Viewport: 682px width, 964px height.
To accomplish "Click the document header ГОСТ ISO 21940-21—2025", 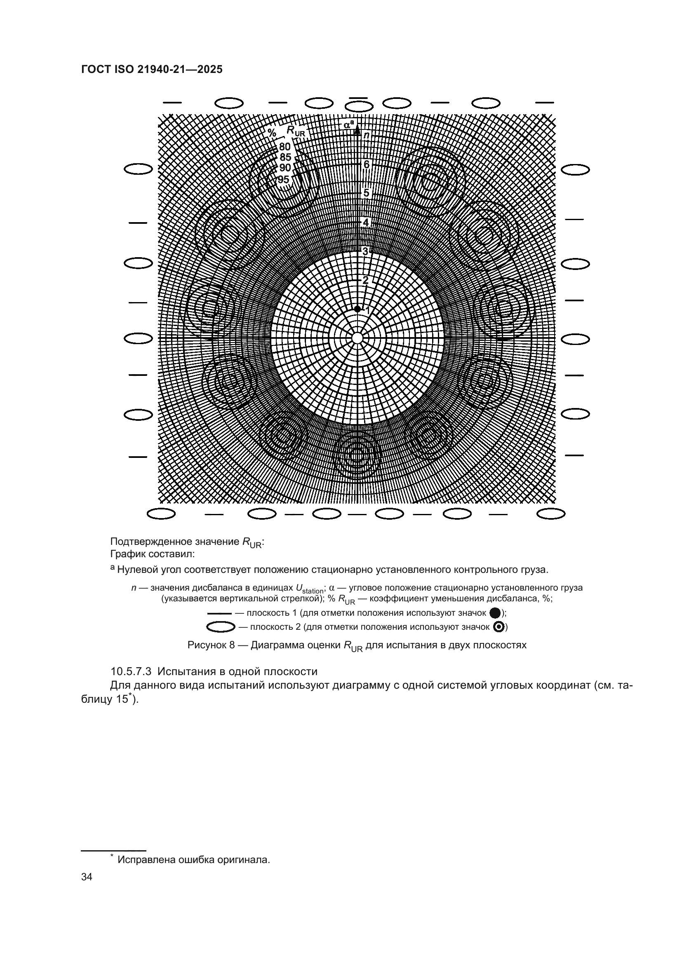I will coord(152,70).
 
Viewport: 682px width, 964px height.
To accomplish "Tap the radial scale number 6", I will coord(366,164).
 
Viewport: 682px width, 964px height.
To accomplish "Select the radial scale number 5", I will coord(366,194).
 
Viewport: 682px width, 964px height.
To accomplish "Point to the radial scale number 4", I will coord(366,223).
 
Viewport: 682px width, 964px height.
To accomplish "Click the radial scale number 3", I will coord(365,251).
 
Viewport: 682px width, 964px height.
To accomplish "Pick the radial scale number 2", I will coord(365,280).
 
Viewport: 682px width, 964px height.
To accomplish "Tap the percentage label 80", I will coord(285,147).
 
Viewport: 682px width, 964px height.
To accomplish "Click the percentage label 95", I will coord(283,180).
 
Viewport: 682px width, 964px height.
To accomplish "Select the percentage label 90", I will coord(285,168).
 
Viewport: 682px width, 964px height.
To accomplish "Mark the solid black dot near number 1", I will coord(357,309).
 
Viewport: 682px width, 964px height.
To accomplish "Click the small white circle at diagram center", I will coord(357,338).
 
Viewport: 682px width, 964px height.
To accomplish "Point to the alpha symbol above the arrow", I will coord(348,124).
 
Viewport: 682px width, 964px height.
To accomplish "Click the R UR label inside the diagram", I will coord(295,131).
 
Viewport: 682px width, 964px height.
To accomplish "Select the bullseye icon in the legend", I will coord(499,627).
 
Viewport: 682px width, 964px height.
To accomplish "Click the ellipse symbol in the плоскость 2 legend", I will coord(221,627).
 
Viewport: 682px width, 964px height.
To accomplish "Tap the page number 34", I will coord(87,877).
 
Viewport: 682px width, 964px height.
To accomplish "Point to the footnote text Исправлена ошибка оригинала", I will coord(193,860).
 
